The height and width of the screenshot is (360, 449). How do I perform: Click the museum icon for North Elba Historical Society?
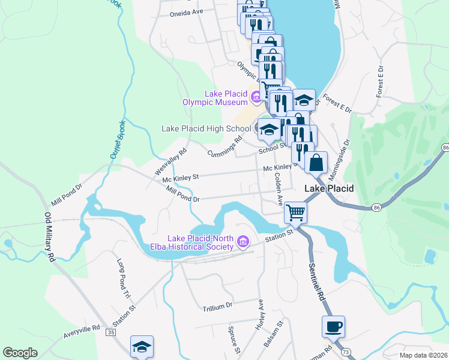pos(243,242)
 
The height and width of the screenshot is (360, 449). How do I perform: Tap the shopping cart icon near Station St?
pos(295,212)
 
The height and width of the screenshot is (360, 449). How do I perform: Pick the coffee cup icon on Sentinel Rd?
pos(333,326)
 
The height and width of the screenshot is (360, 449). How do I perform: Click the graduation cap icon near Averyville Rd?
pos(142,346)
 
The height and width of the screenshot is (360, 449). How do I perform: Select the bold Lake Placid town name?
pos(329,188)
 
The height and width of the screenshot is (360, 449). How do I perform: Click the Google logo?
pos(20,353)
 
